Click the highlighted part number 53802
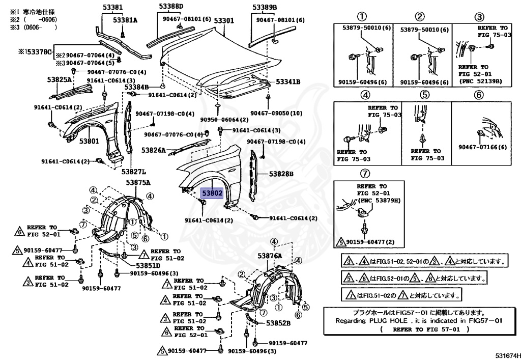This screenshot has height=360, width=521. [x=212, y=194]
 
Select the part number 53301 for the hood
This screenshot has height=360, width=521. [x=223, y=21]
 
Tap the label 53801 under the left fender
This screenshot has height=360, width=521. [x=89, y=141]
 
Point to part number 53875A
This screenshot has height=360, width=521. [x=138, y=182]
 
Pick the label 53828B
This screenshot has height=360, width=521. [x=281, y=174]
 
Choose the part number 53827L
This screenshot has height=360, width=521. [x=133, y=172]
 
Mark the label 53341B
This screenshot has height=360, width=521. [x=288, y=81]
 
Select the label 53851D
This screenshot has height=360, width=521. [x=148, y=265]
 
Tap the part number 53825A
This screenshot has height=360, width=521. [x=60, y=80]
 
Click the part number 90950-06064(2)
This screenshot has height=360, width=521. [x=224, y=119]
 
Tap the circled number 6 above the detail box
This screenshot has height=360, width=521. [x=478, y=95]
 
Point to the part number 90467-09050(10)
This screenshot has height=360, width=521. [x=276, y=113]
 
